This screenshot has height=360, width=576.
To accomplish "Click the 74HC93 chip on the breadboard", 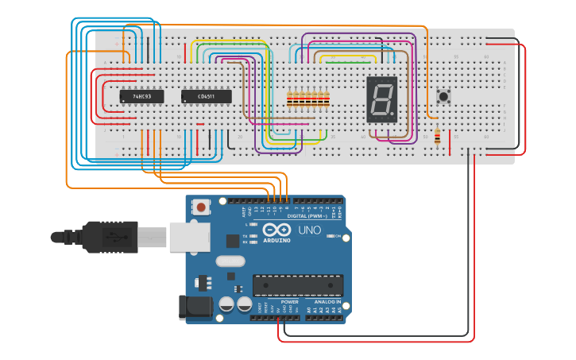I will [x=141, y=97].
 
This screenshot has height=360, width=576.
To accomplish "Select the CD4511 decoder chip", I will [x=207, y=97].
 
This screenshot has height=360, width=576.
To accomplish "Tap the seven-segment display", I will [x=382, y=99].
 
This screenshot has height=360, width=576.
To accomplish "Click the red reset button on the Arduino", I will [x=201, y=207].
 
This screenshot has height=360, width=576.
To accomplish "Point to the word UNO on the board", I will [x=310, y=230].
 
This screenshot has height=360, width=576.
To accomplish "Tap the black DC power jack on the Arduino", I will [x=195, y=307].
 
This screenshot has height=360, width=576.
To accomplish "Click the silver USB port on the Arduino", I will [x=189, y=236].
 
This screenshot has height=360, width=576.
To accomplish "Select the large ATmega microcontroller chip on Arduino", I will [x=298, y=285].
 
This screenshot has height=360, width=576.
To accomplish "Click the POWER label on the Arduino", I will [x=289, y=302].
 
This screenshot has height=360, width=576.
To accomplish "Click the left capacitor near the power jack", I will [x=226, y=304].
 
